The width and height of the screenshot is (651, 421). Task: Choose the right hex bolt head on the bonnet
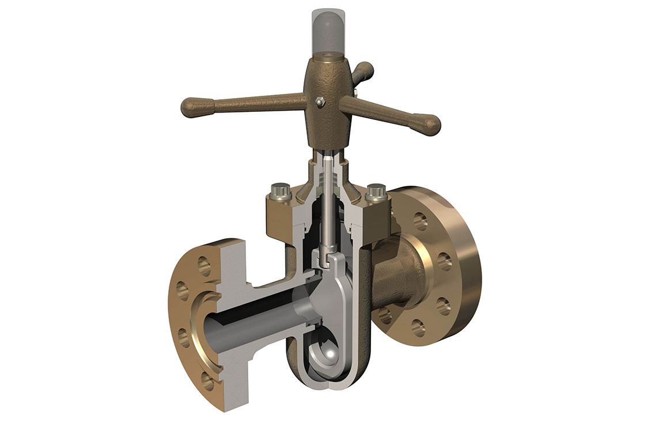coord(376,189)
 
